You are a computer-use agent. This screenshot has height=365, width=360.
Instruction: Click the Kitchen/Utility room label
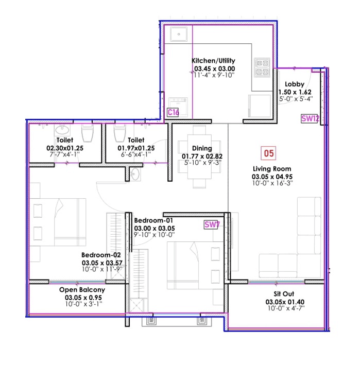(x=213, y=61)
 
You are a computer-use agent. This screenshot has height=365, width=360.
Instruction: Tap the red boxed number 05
(x=268, y=152)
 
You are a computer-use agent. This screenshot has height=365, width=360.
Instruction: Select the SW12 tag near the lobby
(x=311, y=118)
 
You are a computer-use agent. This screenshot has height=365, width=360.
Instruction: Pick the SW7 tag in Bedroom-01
(x=212, y=224)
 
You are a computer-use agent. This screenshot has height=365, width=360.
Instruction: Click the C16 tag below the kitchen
(x=173, y=112)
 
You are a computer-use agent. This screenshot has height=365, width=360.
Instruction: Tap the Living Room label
(x=271, y=169)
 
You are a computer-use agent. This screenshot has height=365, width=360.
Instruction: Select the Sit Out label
(x=279, y=294)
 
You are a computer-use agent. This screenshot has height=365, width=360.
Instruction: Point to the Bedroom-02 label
(x=100, y=254)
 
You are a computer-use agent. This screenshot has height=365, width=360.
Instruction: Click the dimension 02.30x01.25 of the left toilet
(x=64, y=147)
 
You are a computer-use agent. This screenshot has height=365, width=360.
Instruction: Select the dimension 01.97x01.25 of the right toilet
(x=136, y=147)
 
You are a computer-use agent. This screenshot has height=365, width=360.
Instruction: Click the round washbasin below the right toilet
(x=135, y=174)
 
